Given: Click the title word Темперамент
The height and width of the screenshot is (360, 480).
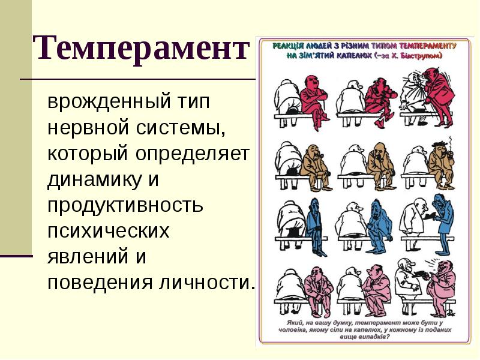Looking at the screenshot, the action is (140, 47).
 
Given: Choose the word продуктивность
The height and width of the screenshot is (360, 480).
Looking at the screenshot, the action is (125, 206).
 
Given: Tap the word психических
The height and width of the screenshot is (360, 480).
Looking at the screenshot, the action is (109, 232).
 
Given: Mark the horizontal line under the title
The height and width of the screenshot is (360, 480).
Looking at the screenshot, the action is (138, 79).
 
